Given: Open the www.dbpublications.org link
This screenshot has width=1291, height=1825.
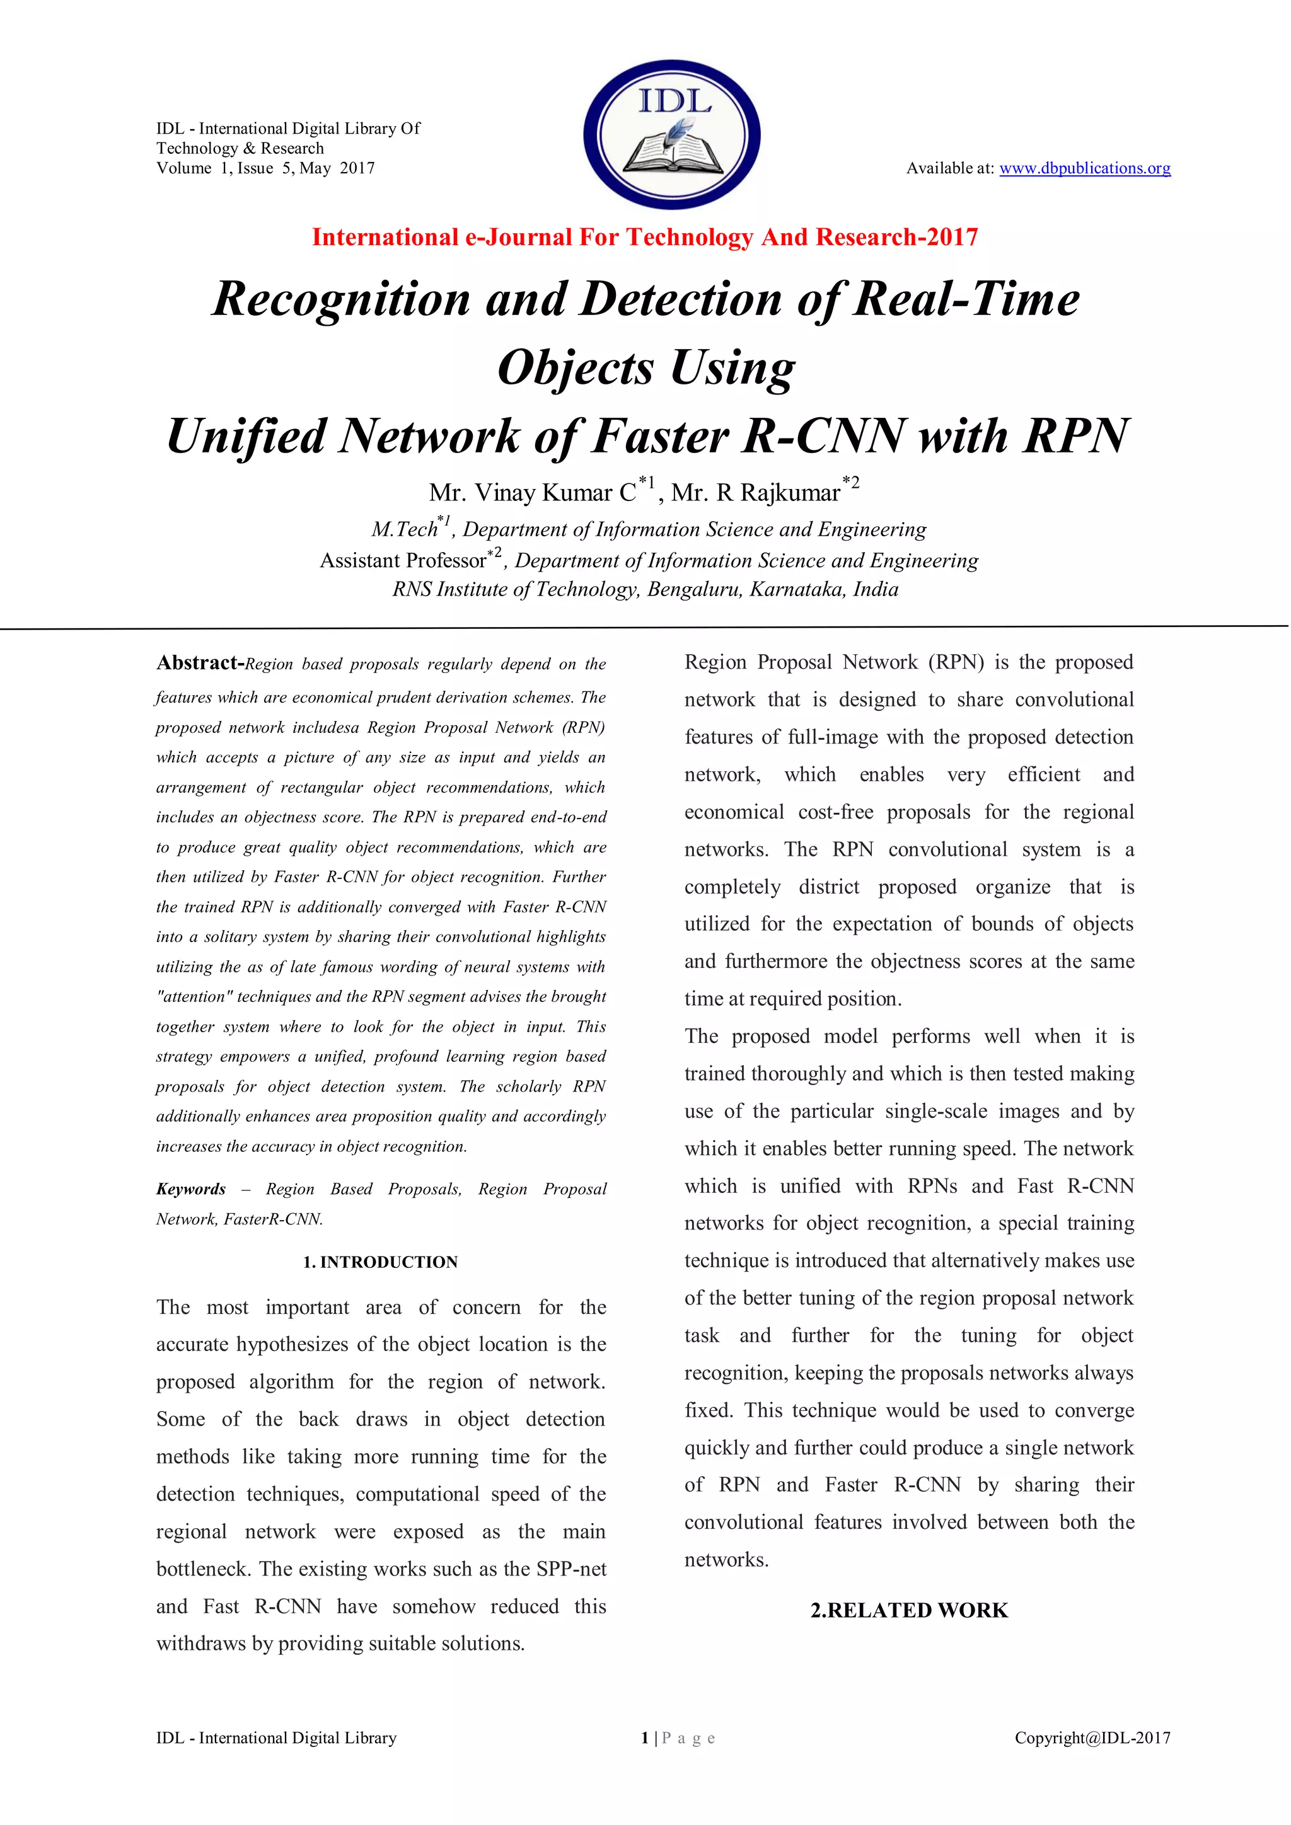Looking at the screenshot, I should [1084, 168].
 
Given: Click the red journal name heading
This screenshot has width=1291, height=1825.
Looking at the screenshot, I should [645, 237].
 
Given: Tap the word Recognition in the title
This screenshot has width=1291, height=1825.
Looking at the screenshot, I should [341, 300].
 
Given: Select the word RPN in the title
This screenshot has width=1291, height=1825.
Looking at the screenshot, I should [1075, 436].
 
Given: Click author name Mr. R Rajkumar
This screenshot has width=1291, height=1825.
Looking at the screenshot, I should [755, 493].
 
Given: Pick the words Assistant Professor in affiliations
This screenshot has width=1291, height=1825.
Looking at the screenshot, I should [402, 561].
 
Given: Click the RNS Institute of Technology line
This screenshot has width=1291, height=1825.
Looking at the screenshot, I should [645, 590].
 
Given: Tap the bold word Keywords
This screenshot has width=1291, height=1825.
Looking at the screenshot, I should [191, 1189].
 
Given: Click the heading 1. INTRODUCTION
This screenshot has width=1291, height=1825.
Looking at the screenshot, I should [380, 1262].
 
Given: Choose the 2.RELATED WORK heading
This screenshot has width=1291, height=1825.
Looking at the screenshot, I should [908, 1610].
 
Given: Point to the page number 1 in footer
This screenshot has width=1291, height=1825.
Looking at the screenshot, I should [644, 1739].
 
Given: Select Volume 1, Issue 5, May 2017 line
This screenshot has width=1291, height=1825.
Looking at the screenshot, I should [265, 168].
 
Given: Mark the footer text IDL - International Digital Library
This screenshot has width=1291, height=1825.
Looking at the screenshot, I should [276, 1739].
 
